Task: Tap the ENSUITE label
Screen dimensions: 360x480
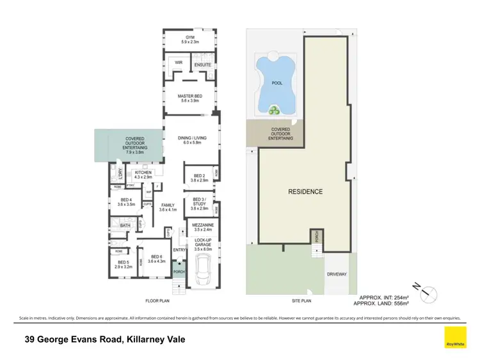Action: tap(202, 65)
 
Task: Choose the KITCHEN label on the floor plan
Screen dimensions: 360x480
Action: tap(142, 174)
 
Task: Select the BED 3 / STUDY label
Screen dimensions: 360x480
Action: tap(200, 203)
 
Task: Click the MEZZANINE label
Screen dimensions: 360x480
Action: tap(202, 227)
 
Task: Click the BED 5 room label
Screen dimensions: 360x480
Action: tap(123, 263)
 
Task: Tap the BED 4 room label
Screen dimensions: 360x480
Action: tap(126, 201)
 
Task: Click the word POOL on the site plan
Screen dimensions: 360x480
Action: tap(277, 82)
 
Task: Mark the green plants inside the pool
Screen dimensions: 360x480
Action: tap(275, 111)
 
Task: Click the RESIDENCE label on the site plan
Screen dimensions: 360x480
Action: tap(305, 191)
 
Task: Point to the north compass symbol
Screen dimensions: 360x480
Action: tap(428, 294)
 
